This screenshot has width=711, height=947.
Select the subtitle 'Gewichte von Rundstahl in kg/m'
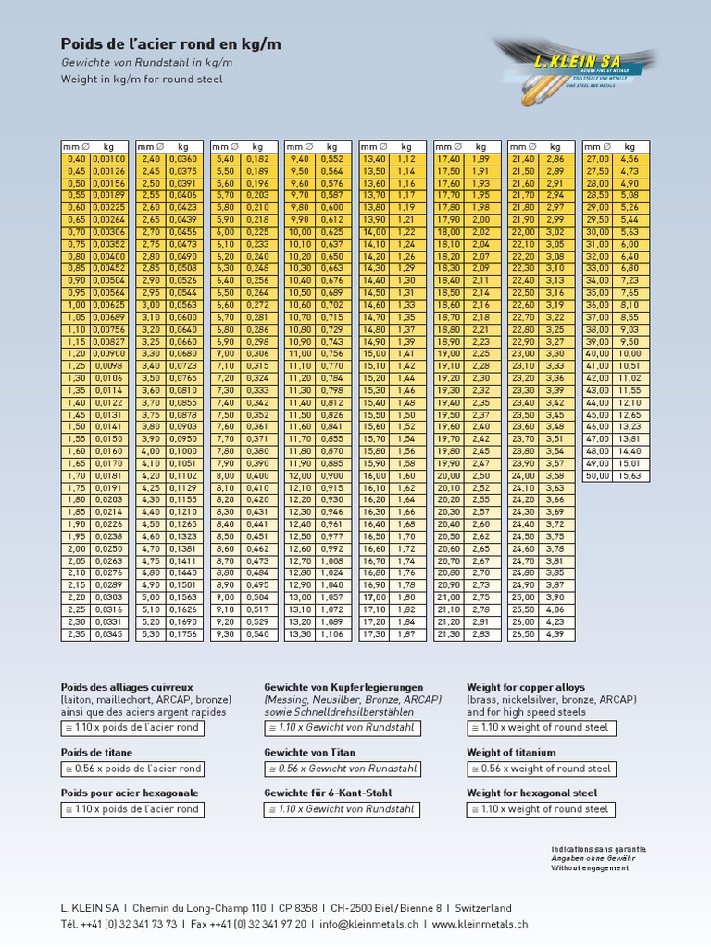click(x=146, y=62)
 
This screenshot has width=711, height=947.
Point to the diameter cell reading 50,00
click(x=598, y=475)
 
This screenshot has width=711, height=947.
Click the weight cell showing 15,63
click(x=630, y=475)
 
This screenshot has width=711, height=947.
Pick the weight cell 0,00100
click(x=109, y=159)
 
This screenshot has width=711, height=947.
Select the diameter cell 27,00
click(x=598, y=159)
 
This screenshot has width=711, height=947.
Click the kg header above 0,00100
click(x=109, y=146)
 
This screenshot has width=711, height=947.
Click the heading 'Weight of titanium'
click(x=512, y=753)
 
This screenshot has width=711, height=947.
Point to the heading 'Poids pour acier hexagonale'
click(x=130, y=793)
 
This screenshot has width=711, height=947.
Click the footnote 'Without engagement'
click(x=582, y=868)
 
